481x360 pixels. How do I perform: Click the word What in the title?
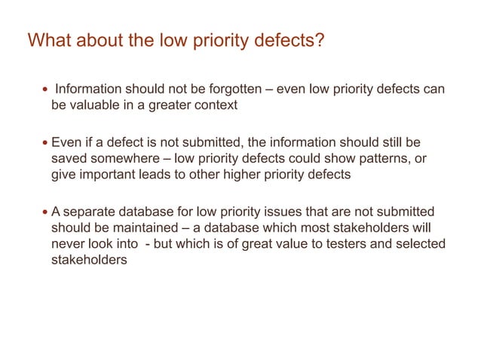point(51,40)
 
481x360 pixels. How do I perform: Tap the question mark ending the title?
point(320,40)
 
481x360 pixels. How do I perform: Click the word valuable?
point(101,105)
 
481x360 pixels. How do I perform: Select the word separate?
point(89,212)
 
